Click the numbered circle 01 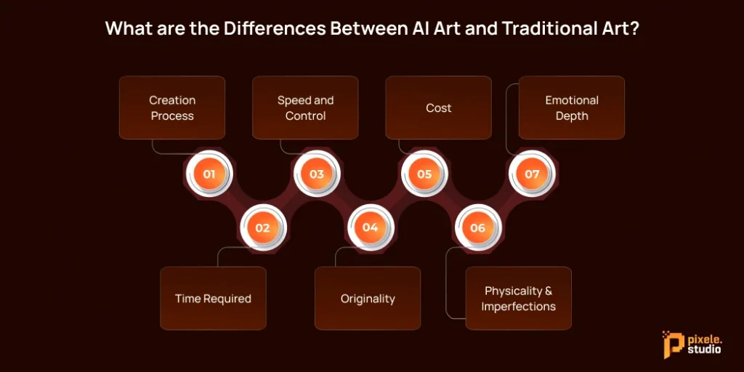pos(209,174)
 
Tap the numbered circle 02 pos(262,228)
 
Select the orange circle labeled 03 pos(317,174)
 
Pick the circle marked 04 pos(370,228)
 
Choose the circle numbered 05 pos(424,174)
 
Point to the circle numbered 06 pos(477,228)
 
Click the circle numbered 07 pos(532,174)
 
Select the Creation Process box pos(172,108)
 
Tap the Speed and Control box pos(305,108)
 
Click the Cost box pos(438,108)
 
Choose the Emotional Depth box pos(571,108)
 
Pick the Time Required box pos(213,299)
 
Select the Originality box pos(368,299)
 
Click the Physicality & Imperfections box pos(518,299)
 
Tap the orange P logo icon pos(671,343)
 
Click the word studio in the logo pos(704,349)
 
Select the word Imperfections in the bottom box pos(518,307)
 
